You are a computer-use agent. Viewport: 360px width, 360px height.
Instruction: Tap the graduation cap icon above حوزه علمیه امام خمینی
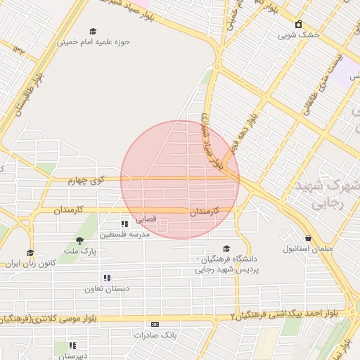coord(93,31)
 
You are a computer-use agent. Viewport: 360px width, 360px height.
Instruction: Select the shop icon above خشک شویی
coord(298,24)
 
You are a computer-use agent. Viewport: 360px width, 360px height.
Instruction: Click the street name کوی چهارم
coord(86,181)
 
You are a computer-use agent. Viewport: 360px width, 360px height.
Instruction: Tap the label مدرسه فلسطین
coord(124,234)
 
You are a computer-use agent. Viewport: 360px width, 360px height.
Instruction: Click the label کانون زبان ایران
coord(30,263)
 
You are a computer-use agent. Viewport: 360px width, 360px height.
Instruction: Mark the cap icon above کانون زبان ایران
coord(30,252)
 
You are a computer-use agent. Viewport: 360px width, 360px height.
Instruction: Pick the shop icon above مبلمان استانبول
coord(309,238)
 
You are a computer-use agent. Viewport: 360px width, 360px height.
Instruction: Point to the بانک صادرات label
coord(155,335)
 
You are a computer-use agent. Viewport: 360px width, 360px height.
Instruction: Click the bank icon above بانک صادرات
coord(155,324)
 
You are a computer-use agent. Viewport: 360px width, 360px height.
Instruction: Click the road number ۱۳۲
coord(19,49)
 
